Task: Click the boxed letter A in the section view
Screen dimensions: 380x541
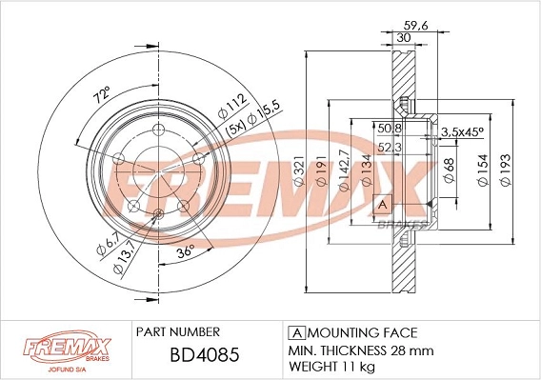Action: [x=382, y=204]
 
